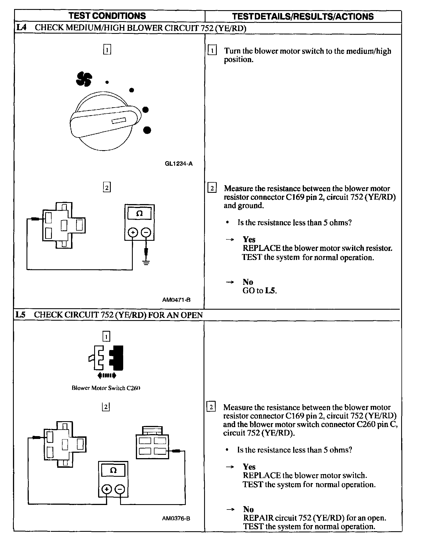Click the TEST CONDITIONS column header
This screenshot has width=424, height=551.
coord(107,16)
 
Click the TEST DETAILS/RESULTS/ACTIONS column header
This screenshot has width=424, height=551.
coord(303,16)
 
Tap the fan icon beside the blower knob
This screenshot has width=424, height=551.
coord(84,79)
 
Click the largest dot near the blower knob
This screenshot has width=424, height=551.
coord(147,130)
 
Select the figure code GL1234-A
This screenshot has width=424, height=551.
coord(179,164)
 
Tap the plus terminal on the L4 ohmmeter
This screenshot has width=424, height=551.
coord(133,233)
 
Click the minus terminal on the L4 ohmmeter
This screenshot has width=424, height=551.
coord(146,233)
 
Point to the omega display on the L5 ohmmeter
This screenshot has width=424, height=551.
coord(113,470)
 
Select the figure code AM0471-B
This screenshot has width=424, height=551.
coord(176,300)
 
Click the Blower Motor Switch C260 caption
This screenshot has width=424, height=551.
coord(106,388)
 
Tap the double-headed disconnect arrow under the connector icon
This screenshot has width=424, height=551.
coord(106,375)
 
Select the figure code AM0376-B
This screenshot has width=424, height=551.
coord(176,518)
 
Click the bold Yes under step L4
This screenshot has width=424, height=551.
coord(249,239)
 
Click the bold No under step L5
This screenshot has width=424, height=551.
coord(248,509)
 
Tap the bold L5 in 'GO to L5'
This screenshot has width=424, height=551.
coord(270,291)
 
